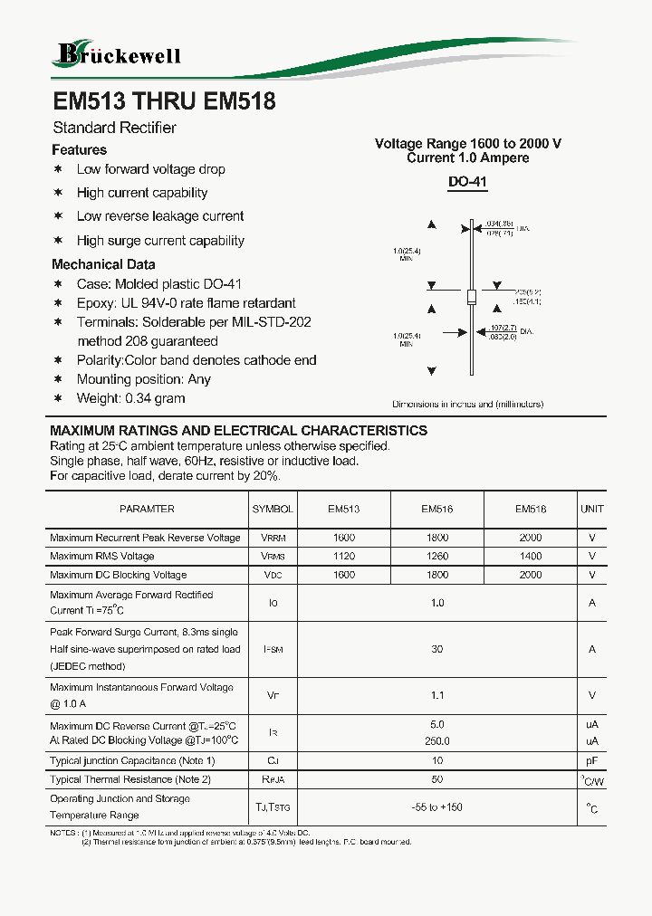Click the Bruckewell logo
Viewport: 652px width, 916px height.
click(x=119, y=54)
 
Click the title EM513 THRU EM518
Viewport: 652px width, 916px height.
click(x=164, y=102)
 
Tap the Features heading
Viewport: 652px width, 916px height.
click(x=80, y=150)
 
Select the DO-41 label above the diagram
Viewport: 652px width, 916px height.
click(x=468, y=182)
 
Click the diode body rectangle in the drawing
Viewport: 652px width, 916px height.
click(x=470, y=297)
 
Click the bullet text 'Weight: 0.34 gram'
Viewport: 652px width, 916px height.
click(x=130, y=398)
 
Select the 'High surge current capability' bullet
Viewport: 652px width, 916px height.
click(x=160, y=241)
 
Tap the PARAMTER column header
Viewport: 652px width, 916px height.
click(x=147, y=509)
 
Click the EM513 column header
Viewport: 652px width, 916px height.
click(x=343, y=509)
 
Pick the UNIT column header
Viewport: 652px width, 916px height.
click(x=592, y=509)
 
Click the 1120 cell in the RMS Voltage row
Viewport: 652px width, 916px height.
click(x=343, y=557)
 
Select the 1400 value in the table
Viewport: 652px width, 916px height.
click(x=531, y=557)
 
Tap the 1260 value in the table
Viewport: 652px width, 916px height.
click(x=437, y=557)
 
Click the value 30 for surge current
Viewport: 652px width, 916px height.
click(x=437, y=649)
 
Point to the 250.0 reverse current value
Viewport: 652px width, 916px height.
click(x=437, y=741)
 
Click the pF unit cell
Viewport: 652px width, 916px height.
click(x=592, y=761)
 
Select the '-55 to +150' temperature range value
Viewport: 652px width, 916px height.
click(x=437, y=807)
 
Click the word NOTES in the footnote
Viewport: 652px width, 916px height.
click(x=64, y=832)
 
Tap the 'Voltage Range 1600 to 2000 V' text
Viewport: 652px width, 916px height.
click(x=468, y=144)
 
